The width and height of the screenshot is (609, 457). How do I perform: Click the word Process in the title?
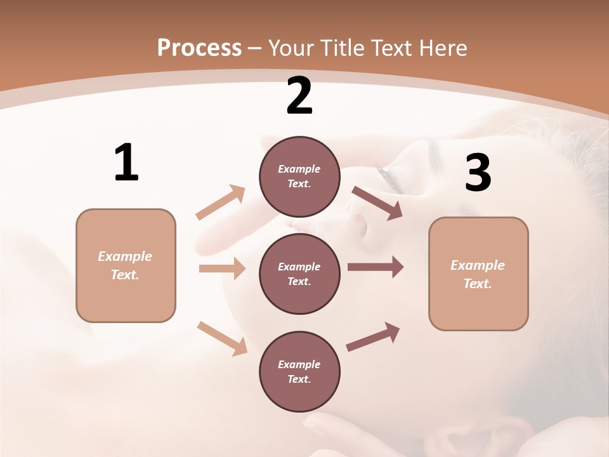click(x=199, y=48)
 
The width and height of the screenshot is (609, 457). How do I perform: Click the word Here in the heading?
click(x=443, y=48)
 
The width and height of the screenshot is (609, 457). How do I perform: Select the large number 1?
click(x=126, y=162)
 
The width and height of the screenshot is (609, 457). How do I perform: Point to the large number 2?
click(x=299, y=96)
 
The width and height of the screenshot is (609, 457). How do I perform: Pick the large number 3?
click(x=478, y=173)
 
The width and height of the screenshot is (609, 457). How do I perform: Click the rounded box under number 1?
click(x=126, y=265)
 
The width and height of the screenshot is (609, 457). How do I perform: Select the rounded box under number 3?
click(x=478, y=274)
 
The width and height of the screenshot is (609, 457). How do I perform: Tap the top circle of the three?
click(x=299, y=176)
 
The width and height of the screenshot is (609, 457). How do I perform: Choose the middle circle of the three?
click(x=299, y=274)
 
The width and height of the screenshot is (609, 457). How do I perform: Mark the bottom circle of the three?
click(x=299, y=372)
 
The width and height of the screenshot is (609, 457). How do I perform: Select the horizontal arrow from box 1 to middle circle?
click(x=222, y=268)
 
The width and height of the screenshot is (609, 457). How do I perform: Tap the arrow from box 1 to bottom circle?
click(x=222, y=338)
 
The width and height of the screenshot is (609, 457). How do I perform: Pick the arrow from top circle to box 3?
click(x=377, y=203)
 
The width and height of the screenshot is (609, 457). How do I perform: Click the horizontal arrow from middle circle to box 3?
click(x=375, y=267)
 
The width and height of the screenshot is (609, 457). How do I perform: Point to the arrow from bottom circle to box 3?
click(x=373, y=337)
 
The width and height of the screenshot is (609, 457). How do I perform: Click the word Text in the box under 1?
click(x=124, y=275)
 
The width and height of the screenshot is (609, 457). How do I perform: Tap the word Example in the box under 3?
click(x=478, y=265)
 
